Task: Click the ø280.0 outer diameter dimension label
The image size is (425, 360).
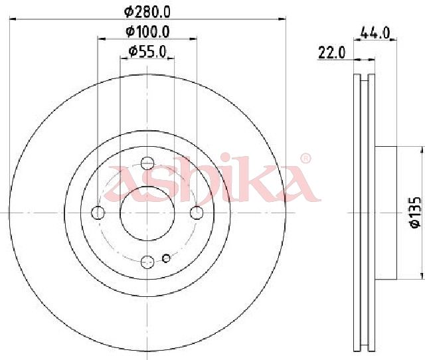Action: (147, 12)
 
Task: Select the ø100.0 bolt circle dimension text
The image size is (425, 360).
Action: (147, 32)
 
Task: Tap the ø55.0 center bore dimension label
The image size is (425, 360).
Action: (147, 52)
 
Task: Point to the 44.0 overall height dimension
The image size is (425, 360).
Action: (375, 33)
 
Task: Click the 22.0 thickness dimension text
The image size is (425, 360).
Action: (332, 52)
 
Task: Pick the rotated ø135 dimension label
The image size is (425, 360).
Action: (415, 213)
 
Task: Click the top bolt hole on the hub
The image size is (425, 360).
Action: (147, 163)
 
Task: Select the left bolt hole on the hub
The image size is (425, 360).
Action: (98, 213)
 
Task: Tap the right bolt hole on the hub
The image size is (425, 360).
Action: (197, 213)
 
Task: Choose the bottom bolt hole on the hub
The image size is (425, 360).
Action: (147, 262)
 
